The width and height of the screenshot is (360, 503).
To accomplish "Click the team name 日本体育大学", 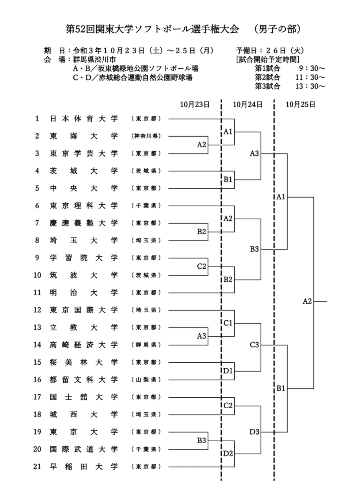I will pos(84,119).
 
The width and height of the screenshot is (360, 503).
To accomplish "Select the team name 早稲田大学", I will pos(84,467).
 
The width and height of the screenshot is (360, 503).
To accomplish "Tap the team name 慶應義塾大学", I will pos(84,223).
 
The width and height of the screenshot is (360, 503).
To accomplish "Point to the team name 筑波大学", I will pos(84,275).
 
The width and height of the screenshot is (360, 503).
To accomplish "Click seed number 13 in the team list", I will pos(37,327).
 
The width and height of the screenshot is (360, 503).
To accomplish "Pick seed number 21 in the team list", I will pos(37,467).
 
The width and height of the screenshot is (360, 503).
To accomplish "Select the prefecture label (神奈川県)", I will pos(146,136).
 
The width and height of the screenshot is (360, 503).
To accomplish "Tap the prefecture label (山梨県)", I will pos(146,380).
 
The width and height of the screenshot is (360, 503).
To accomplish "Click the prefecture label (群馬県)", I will pos(146,345).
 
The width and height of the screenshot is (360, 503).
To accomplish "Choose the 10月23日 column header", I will pos(195,105).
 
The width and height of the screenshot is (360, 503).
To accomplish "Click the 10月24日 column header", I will pos(248,105).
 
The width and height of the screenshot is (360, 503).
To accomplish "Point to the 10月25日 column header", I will pos(301,105).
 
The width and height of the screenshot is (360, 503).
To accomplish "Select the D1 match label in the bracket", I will pos(228,371).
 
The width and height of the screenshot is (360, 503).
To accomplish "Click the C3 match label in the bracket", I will pos(255,345).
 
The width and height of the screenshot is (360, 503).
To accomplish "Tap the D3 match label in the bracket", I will pos(255,432).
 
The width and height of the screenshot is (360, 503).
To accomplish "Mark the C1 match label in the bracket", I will pos(228,323).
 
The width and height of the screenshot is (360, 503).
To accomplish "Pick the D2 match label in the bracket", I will pos(228,453).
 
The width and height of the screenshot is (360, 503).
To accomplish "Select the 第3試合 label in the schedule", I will pos(268,86).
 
